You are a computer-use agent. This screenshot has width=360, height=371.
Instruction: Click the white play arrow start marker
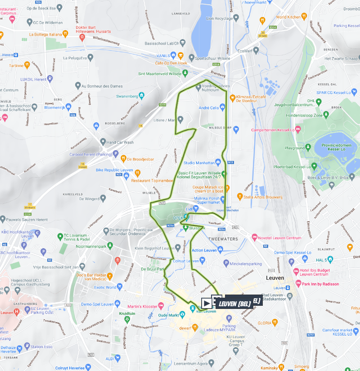[x=207, y=303]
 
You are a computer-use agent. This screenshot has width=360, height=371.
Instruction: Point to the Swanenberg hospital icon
[x=142, y=95]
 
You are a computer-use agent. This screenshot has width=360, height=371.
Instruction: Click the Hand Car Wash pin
[x=103, y=142]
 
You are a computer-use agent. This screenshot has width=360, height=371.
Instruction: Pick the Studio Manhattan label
[x=199, y=162]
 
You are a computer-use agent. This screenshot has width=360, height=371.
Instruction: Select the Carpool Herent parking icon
[x=115, y=154]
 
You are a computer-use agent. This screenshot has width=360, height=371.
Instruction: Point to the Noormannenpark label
[x=94, y=246]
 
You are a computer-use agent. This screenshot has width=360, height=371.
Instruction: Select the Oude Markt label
[x=168, y=315]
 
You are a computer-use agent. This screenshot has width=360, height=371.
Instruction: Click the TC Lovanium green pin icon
[x=60, y=236]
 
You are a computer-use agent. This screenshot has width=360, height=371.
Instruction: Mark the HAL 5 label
[x=321, y=259]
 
